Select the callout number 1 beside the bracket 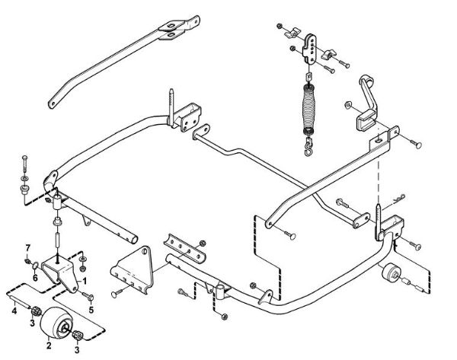85,280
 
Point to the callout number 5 90,310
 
